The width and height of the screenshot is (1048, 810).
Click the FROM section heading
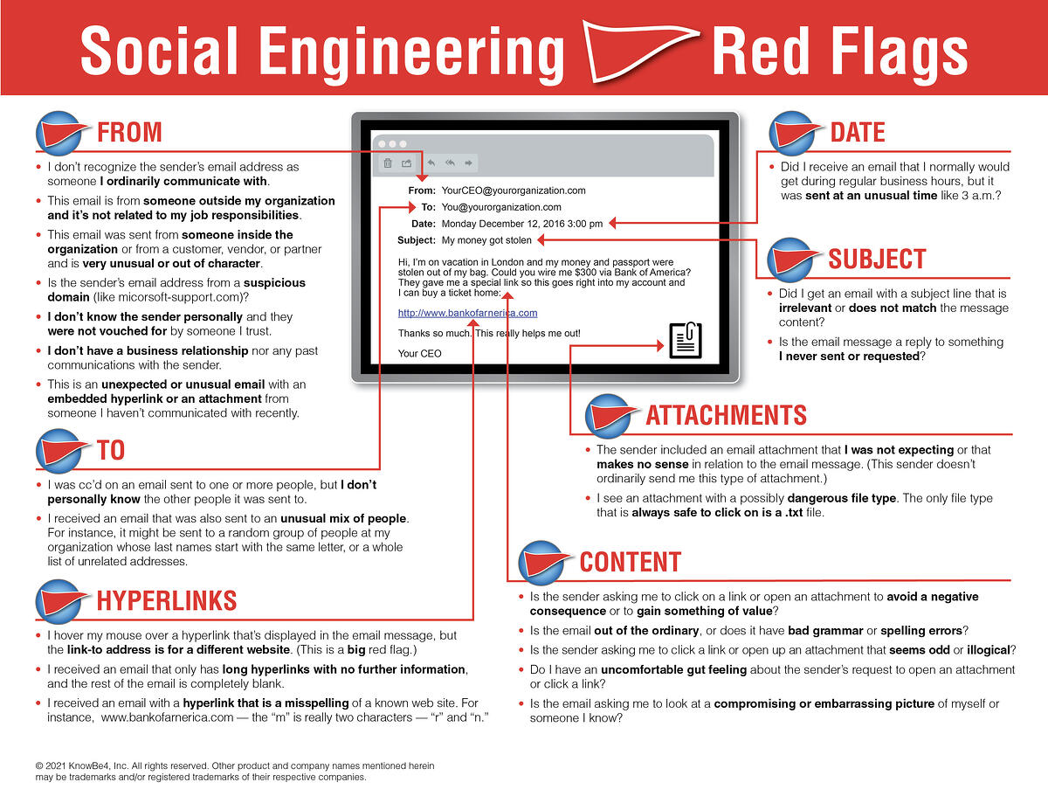pyautogui.click(x=129, y=133)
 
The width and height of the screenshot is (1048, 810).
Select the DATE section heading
pyautogui.click(x=857, y=133)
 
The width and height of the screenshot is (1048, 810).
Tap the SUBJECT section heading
pyautogui.click(x=876, y=259)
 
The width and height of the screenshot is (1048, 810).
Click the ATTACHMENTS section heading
pyautogui.click(x=726, y=415)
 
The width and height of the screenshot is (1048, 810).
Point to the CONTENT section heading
pyautogui.click(x=630, y=562)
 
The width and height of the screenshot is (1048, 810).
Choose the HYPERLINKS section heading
pyautogui.click(x=166, y=600)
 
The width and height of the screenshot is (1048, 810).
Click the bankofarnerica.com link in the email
pyautogui.click(x=467, y=313)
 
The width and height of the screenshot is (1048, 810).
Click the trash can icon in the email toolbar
pyautogui.click(x=388, y=163)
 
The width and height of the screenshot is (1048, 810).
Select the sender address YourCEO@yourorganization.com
pyautogui.click(x=514, y=190)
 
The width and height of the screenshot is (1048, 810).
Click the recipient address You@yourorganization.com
pyautogui.click(x=501, y=207)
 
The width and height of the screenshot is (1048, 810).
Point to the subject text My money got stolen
pyautogui.click(x=487, y=239)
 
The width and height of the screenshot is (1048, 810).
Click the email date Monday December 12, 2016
pyautogui.click(x=522, y=224)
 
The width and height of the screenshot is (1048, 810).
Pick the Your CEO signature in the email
pyautogui.click(x=419, y=354)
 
